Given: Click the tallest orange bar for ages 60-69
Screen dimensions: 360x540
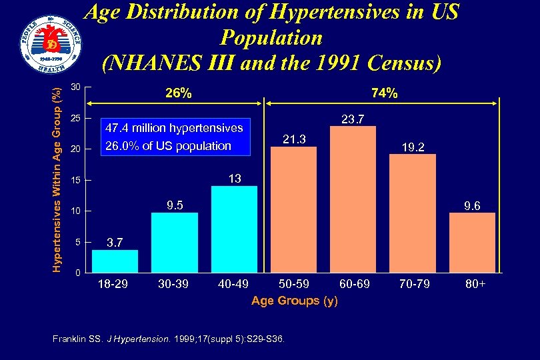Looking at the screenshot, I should pos(353,199).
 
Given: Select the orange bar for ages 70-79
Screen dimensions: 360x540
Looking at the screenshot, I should pos(413,213).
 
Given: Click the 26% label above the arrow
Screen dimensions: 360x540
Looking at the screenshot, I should pos(178,94).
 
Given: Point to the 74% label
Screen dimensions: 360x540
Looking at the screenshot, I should pos(385,94).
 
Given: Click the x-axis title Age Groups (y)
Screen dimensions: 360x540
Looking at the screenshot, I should pos(294,301).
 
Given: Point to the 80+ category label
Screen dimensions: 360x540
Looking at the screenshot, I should pos(476,285).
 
